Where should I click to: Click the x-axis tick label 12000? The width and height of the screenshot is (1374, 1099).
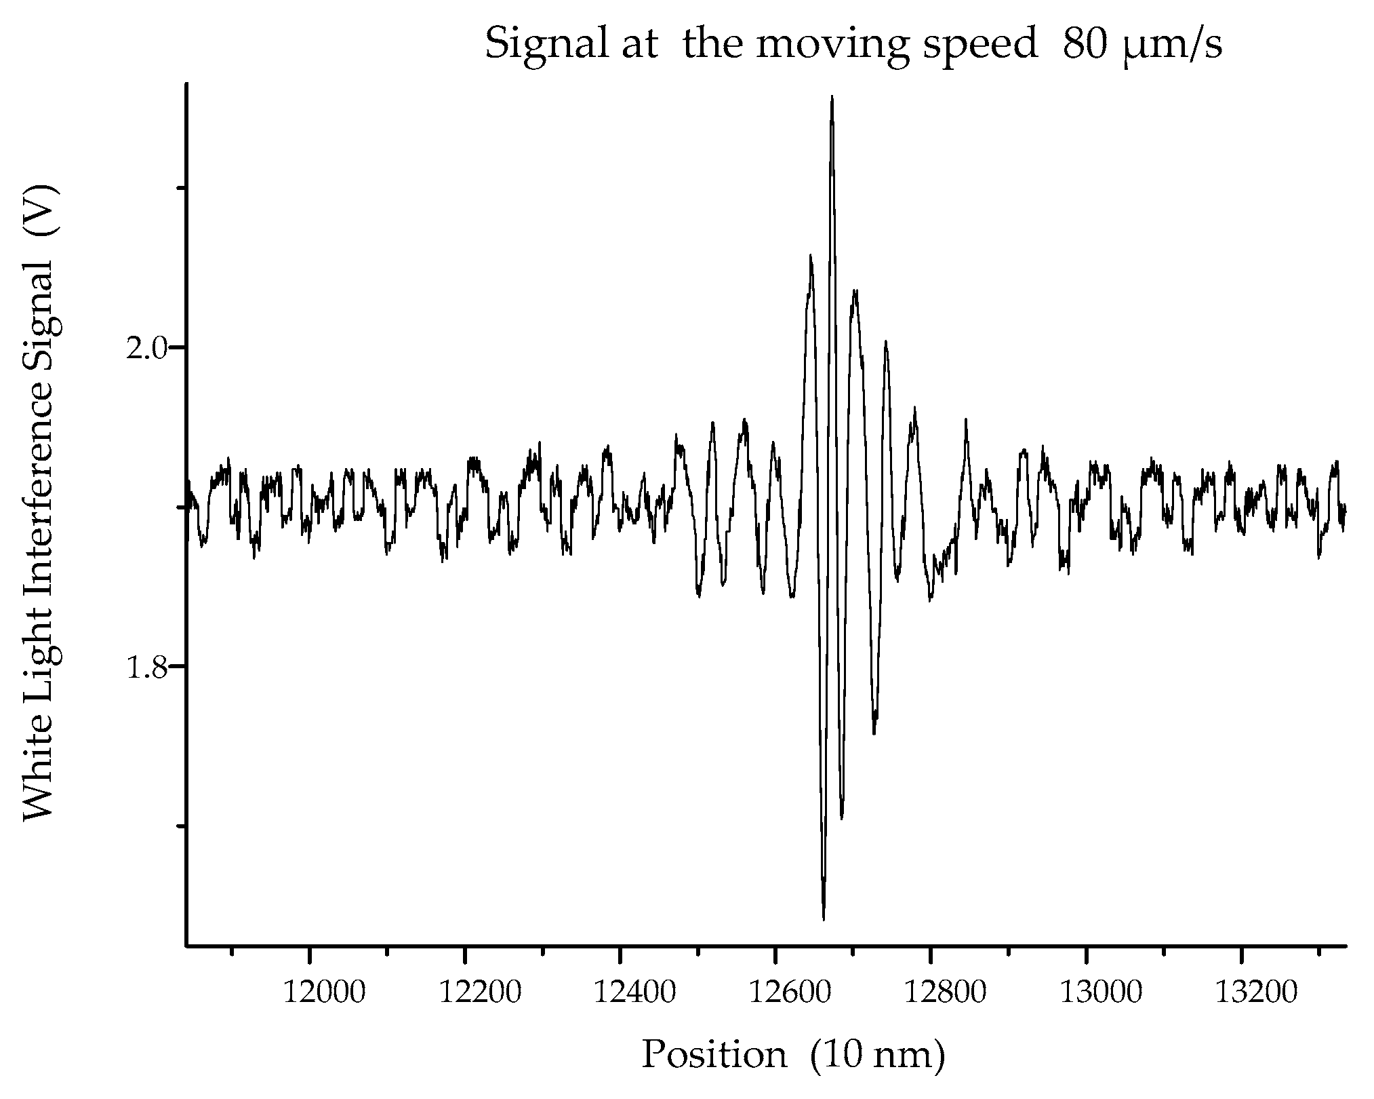point(323,993)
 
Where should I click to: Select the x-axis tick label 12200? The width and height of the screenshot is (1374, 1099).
point(479,993)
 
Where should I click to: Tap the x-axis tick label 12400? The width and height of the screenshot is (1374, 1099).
point(634,993)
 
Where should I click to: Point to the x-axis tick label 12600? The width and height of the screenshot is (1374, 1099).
point(790,993)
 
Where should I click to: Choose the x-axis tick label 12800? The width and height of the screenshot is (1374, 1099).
point(945,993)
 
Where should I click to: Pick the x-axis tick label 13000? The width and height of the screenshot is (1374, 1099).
point(1100,993)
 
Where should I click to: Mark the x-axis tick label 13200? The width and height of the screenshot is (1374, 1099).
point(1255,993)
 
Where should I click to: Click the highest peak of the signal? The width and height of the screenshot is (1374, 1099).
point(832,99)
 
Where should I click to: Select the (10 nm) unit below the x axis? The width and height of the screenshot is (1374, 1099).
point(877,1055)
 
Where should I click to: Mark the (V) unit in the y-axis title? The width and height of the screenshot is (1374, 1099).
point(39,210)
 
